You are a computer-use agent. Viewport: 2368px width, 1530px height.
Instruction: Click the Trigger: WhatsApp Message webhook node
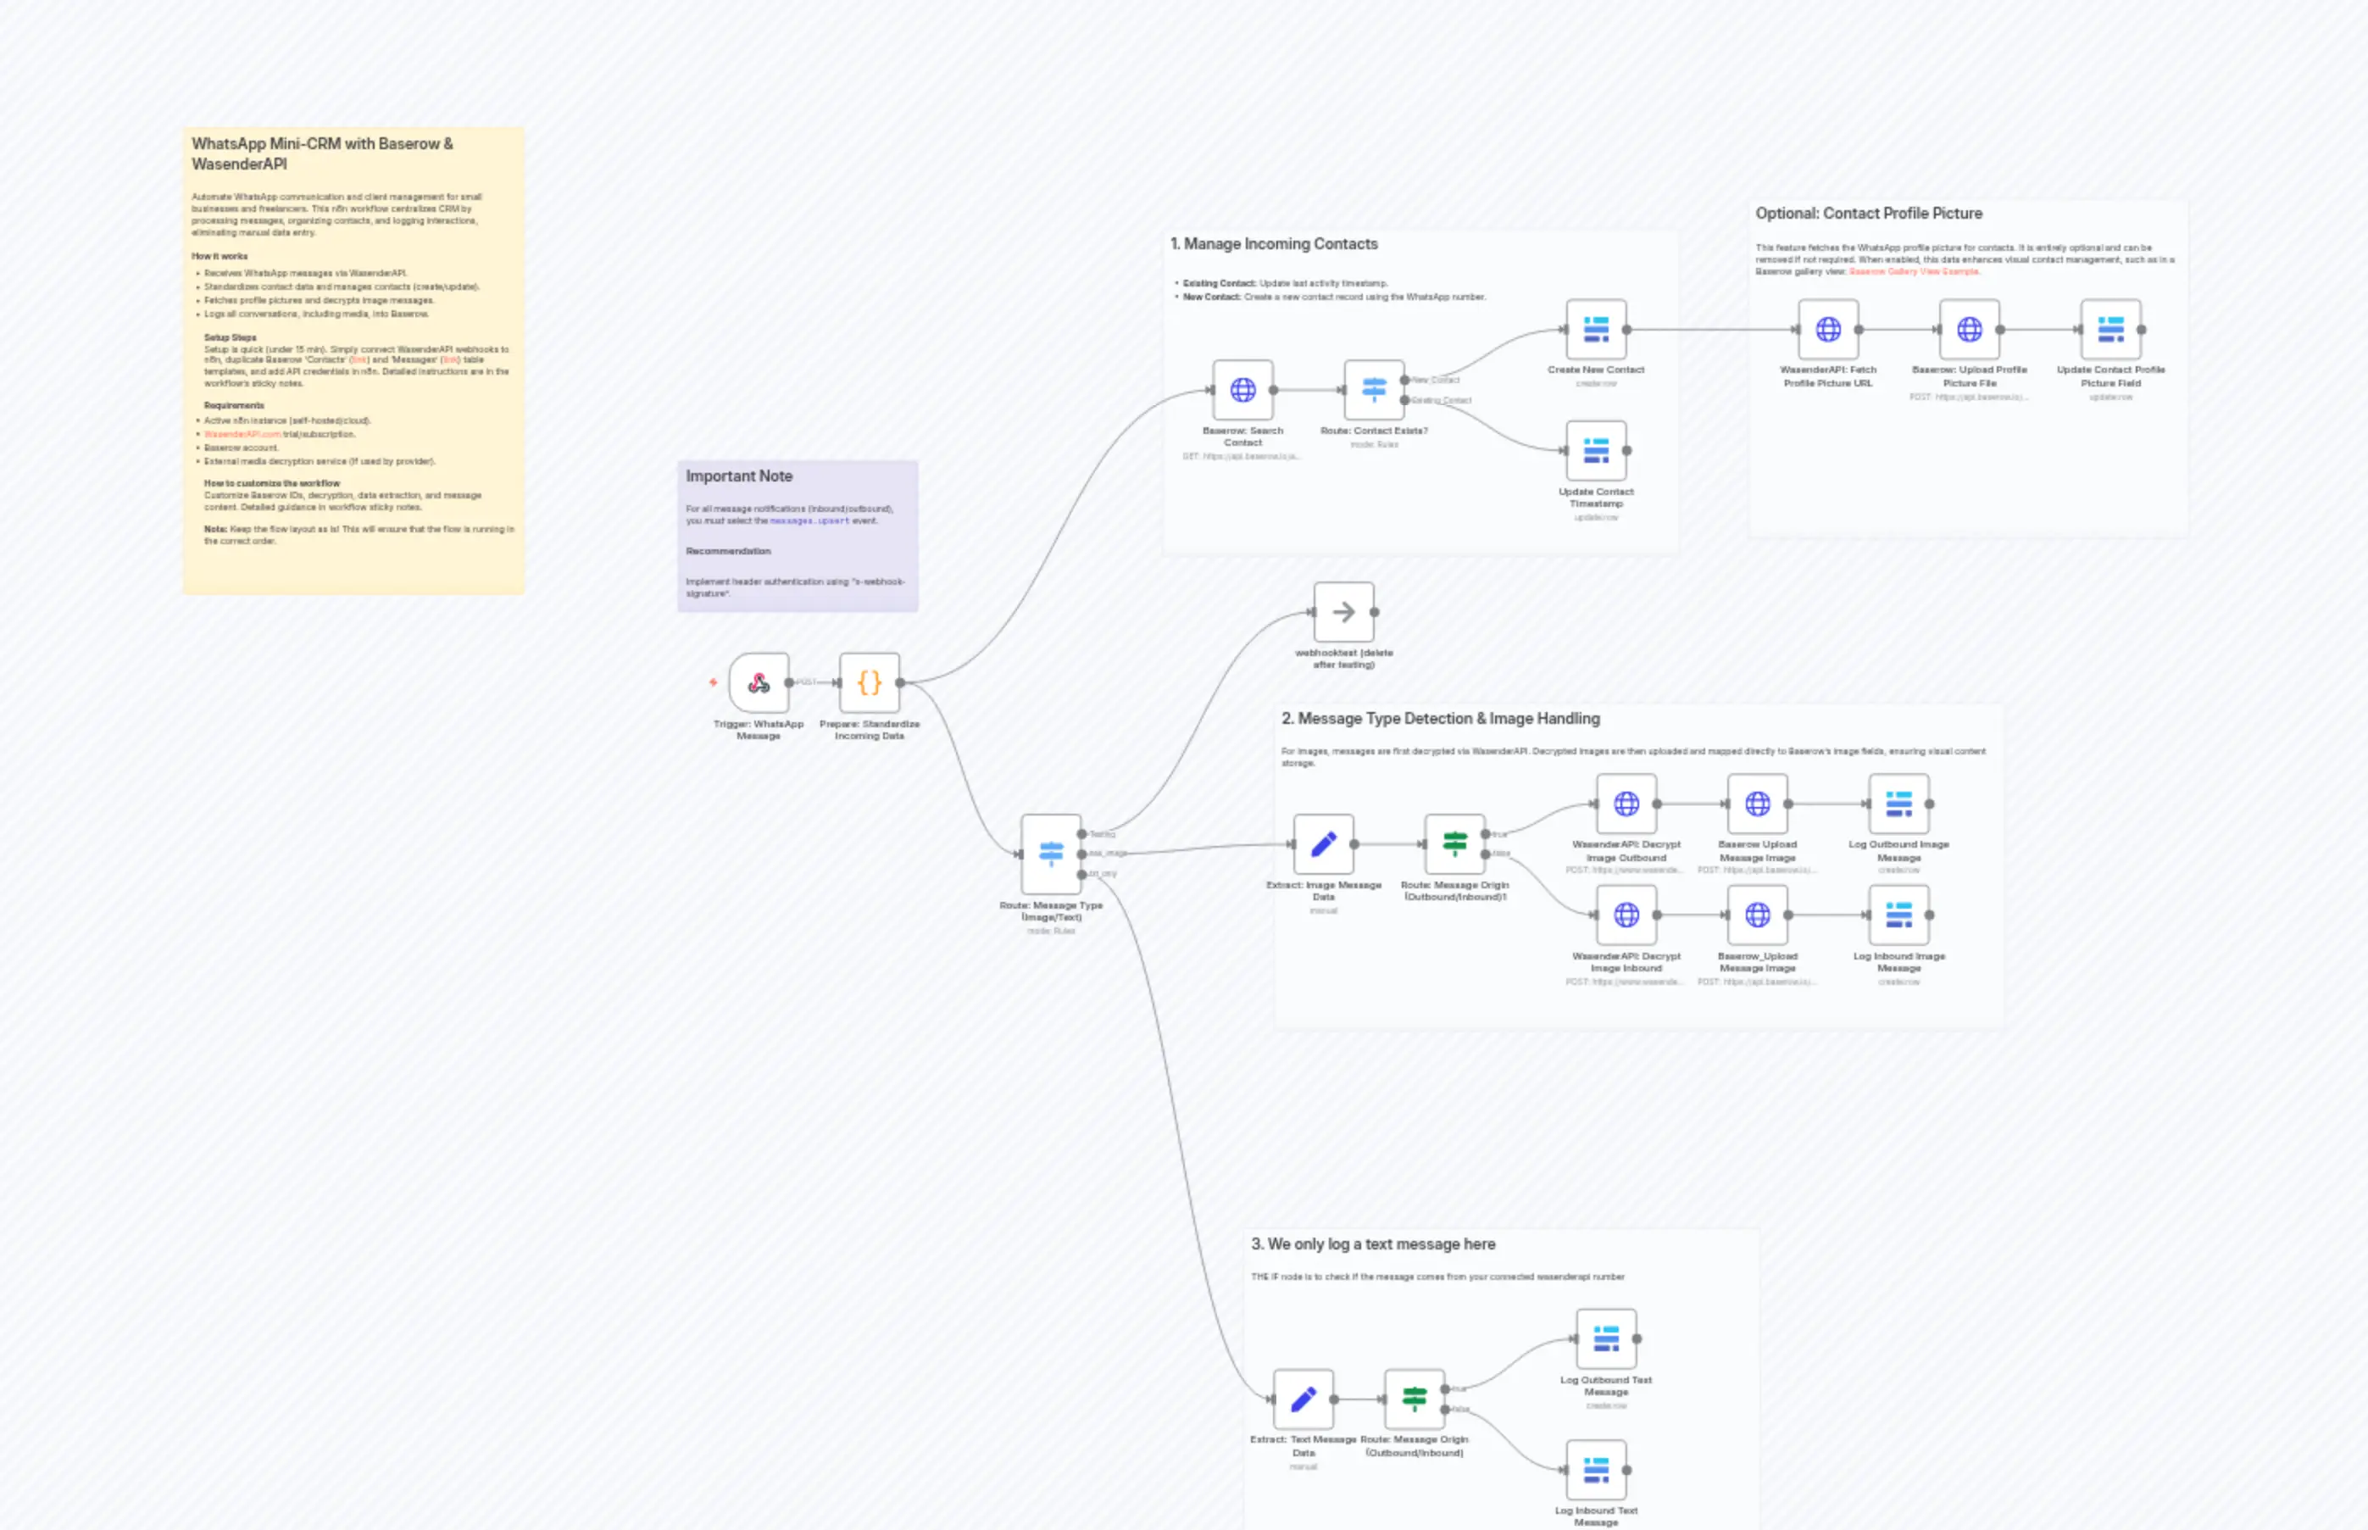(759, 682)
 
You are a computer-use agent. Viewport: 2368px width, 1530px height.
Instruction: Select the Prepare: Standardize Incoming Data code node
(869, 682)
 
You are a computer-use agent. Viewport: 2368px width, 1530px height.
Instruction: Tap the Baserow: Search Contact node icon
(1242, 389)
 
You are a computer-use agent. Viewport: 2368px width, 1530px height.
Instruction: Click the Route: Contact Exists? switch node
(1374, 389)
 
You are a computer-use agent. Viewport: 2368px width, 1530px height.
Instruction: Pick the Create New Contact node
(1596, 329)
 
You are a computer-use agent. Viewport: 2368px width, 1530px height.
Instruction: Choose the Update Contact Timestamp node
(1596, 450)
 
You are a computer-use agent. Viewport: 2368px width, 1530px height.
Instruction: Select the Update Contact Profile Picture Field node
(2110, 329)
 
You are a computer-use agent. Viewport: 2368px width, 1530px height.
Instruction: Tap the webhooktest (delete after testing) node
(1344, 612)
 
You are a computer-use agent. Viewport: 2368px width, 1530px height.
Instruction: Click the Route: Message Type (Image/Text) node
(1051, 854)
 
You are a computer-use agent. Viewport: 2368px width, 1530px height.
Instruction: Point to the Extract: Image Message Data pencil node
(1323, 843)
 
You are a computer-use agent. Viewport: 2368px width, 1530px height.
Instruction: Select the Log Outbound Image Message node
(1898, 803)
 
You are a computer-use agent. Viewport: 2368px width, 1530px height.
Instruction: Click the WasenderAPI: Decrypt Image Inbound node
(1626, 915)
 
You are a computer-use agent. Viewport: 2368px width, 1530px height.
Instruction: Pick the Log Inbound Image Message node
(1898, 915)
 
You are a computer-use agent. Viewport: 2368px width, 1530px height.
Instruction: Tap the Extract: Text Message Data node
(1304, 1399)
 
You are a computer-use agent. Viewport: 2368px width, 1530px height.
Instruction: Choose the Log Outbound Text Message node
(1606, 1338)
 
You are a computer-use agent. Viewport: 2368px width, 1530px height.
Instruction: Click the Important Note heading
(739, 476)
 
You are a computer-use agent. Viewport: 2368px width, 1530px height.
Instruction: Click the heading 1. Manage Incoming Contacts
(1273, 243)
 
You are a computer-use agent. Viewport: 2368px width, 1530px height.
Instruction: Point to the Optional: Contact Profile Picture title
(1867, 213)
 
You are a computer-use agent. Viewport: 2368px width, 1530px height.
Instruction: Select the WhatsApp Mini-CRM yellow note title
(322, 153)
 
